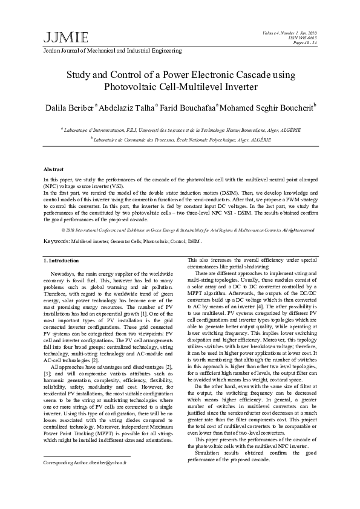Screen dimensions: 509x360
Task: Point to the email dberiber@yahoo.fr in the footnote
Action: [x=110, y=462]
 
